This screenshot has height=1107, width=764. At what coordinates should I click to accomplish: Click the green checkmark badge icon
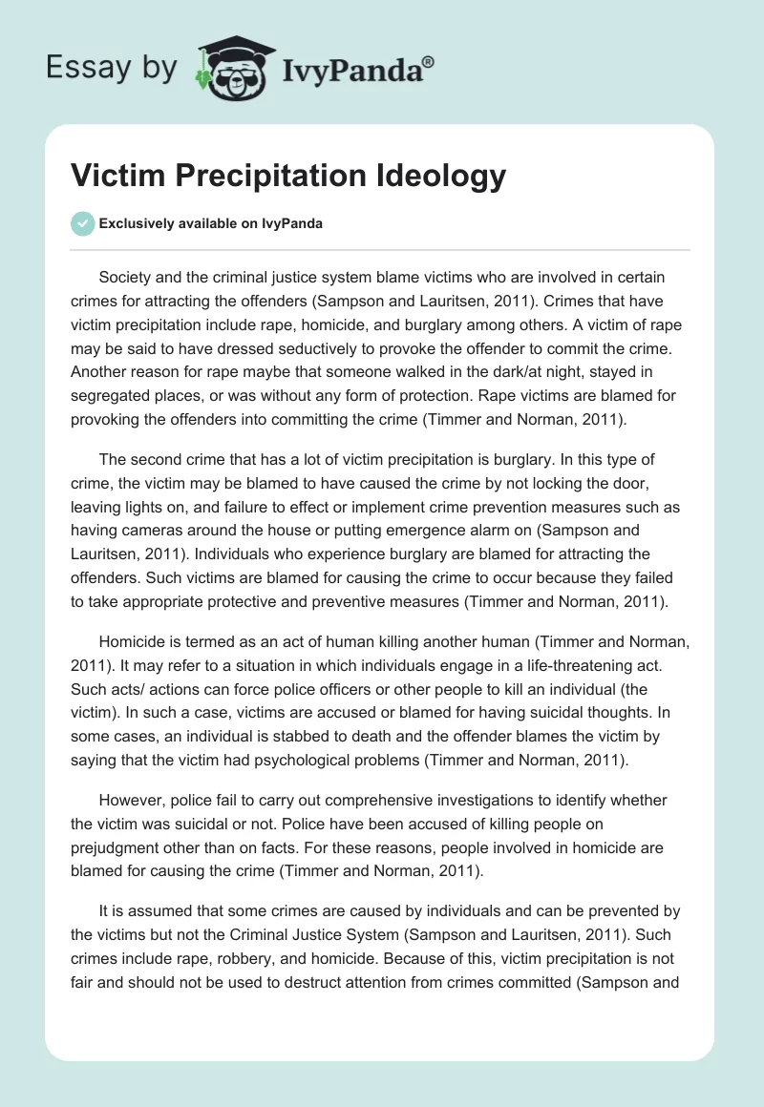click(83, 223)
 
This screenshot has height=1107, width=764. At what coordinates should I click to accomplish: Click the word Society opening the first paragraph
click(129, 277)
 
